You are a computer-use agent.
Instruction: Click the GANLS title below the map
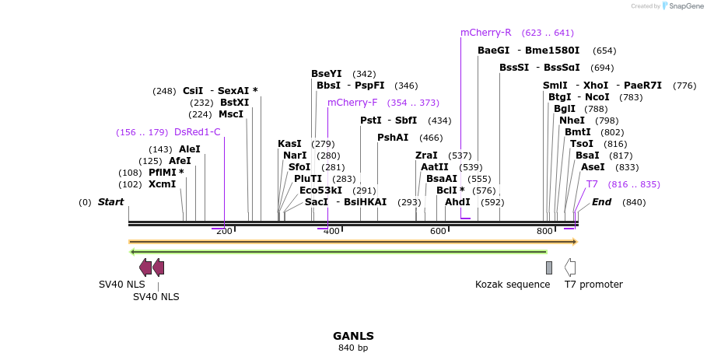point(353,336)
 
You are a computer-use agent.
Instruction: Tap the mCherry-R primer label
point(485,33)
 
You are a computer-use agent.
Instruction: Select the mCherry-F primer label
point(352,103)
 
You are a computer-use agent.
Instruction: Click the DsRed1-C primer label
point(198,132)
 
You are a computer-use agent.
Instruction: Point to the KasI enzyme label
point(289,144)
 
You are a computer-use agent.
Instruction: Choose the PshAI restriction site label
point(393,138)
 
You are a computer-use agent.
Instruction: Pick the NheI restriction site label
point(572,121)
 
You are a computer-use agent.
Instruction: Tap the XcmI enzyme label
point(163,184)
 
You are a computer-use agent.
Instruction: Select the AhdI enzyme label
point(457,202)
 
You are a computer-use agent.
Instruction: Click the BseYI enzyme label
point(327,74)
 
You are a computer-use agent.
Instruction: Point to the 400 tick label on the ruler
point(331,231)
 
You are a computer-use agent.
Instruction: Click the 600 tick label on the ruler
point(438,231)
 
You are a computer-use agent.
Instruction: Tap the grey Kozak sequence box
point(549,267)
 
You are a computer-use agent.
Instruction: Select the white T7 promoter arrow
point(570,267)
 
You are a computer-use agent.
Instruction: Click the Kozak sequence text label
point(513,285)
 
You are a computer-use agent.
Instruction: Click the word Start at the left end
point(110,202)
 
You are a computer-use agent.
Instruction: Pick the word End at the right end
point(601,202)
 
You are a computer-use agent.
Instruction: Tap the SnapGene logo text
point(686,6)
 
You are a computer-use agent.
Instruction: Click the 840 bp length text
point(353,348)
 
